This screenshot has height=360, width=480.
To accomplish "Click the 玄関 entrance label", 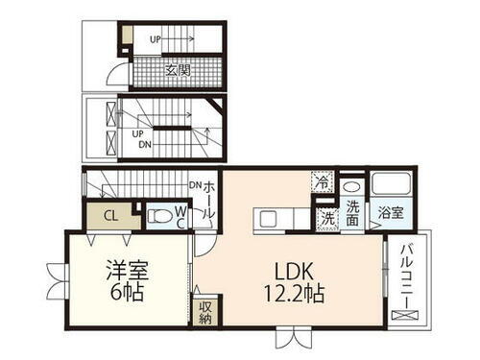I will pos(178,70).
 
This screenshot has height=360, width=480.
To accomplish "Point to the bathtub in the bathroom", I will pos(390,184).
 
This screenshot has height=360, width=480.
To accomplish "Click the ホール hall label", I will pos(208,200).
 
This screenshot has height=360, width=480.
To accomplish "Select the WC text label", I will pos(180,216).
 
